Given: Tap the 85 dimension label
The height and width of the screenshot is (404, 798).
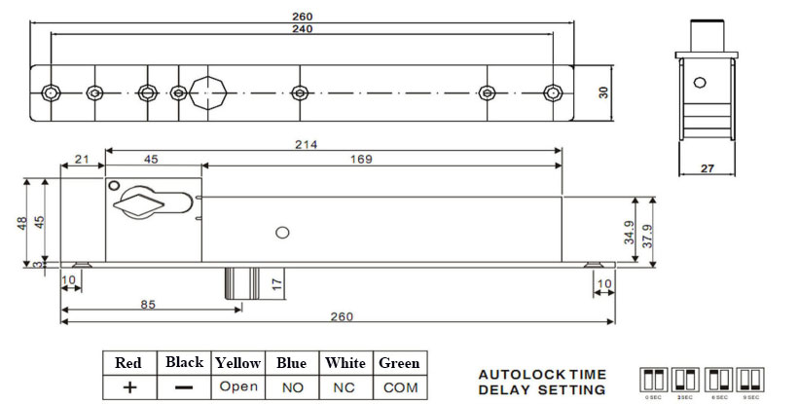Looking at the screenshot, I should pyautogui.click(x=148, y=303).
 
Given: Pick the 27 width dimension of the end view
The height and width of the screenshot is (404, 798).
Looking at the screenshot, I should pyautogui.click(x=707, y=168).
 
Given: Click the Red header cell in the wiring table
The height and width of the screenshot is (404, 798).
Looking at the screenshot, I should pyautogui.click(x=128, y=363).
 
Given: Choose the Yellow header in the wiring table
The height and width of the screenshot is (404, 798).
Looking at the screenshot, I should pyautogui.click(x=238, y=363).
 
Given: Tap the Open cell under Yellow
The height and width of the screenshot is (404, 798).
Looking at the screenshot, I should pyautogui.click(x=238, y=386).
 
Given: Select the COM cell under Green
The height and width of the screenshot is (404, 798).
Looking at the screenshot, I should pyautogui.click(x=399, y=386).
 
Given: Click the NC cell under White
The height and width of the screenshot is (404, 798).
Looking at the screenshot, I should pyautogui.click(x=345, y=386).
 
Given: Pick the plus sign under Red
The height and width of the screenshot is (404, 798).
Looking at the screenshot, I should pyautogui.click(x=128, y=386).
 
